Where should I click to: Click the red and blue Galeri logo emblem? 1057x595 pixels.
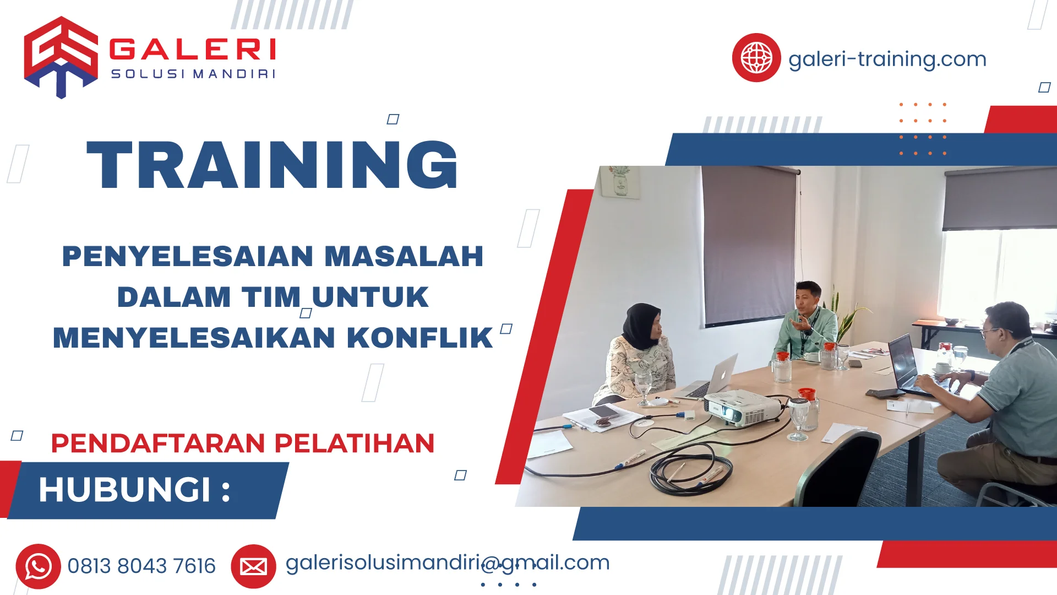(61, 57)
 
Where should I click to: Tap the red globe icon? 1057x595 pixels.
(756, 58)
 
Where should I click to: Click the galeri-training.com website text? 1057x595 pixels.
(887, 59)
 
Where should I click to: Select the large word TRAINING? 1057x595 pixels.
(273, 165)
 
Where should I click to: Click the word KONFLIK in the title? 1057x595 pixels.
(419, 338)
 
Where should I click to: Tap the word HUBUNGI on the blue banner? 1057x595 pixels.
(124, 490)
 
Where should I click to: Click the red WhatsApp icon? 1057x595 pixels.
(38, 566)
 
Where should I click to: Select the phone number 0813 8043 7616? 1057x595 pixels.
(141, 566)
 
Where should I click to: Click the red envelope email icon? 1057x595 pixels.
(253, 566)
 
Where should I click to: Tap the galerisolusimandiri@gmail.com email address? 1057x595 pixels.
(448, 563)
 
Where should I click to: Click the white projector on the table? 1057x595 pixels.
(742, 408)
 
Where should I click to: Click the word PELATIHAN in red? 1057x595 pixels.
(355, 443)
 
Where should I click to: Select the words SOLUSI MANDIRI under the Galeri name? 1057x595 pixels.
(193, 74)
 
